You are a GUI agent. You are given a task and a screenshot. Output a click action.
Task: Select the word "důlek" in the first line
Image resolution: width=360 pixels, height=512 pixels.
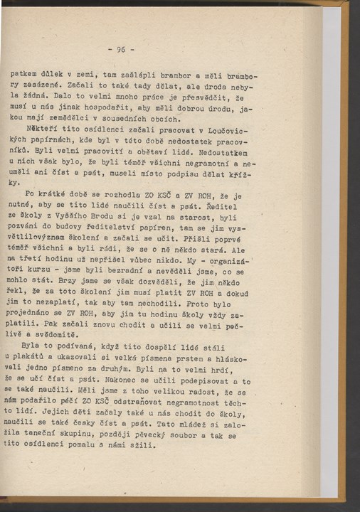point(50,73)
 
